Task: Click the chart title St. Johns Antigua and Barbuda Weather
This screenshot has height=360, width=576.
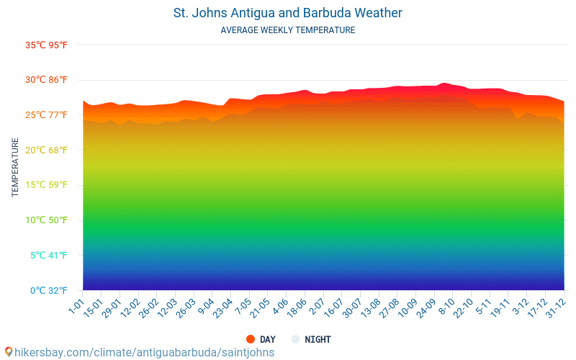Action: [x=288, y=13]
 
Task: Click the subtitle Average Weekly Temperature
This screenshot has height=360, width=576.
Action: [x=288, y=30]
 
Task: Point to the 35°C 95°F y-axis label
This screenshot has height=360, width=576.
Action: [x=46, y=45]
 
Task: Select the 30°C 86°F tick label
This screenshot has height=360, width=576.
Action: [x=46, y=80]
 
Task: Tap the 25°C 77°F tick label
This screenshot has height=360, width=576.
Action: [x=46, y=114]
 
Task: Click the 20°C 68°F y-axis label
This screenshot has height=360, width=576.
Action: [x=46, y=150]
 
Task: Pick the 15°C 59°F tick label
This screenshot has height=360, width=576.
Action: [x=46, y=185]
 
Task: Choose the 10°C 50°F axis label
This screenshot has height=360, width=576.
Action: [x=46, y=220]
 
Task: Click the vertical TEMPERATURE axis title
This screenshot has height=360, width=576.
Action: [x=15, y=167]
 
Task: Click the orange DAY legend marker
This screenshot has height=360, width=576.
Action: [x=251, y=339]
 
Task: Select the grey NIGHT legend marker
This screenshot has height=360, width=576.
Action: [x=295, y=339]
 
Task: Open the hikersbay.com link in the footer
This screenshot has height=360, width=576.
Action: [x=144, y=352]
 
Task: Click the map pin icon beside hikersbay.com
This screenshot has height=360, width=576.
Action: [x=9, y=352]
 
